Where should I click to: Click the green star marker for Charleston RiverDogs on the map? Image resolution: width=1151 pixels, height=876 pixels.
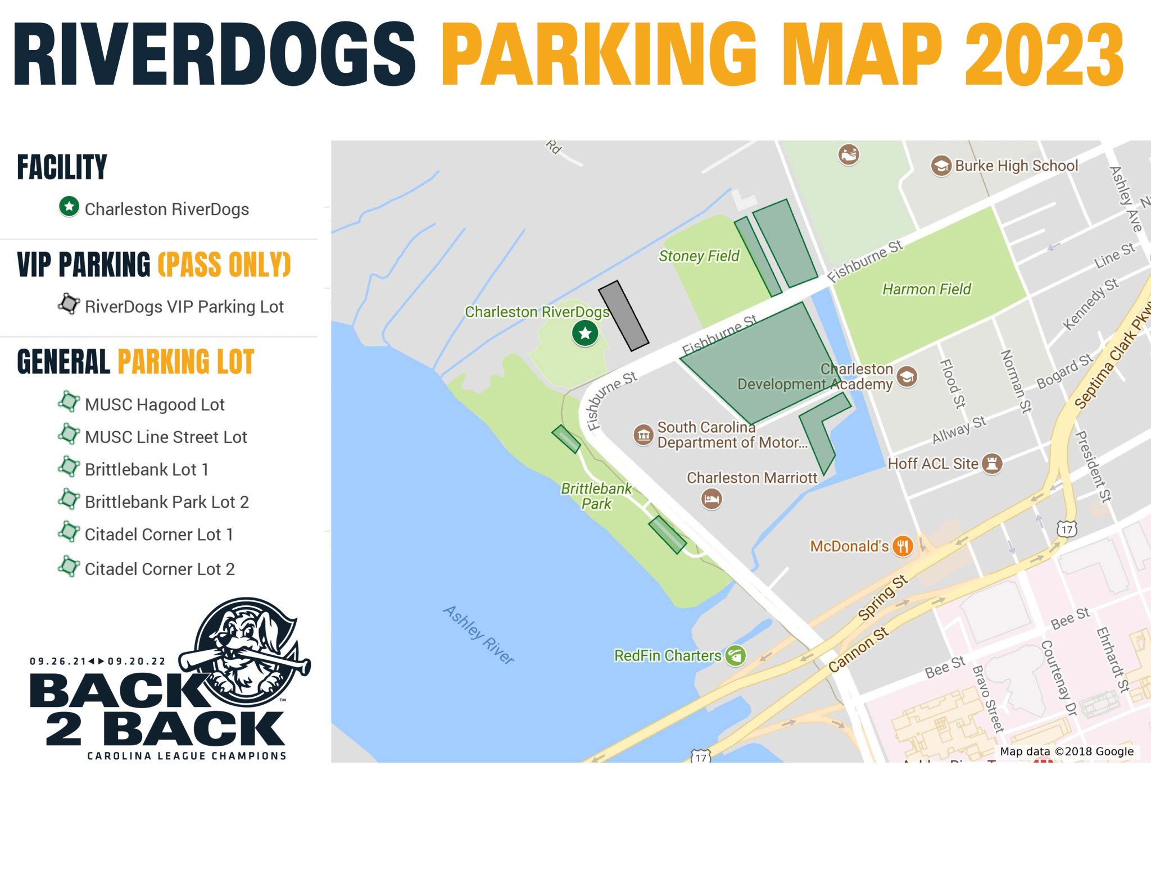[585, 334]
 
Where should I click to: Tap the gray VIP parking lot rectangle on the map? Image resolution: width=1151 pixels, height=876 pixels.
[623, 316]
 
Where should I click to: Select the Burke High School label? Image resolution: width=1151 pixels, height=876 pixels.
[1016, 166]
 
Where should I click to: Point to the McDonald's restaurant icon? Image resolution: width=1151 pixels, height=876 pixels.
[903, 545]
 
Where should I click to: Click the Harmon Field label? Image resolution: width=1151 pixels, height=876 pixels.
[926, 289]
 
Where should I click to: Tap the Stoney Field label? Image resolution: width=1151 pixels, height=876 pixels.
[699, 256]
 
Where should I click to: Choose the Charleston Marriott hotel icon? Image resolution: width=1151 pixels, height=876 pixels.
[712, 499]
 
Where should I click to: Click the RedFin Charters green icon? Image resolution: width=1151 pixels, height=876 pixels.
[735, 655]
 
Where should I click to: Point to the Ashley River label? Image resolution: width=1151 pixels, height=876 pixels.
[478, 635]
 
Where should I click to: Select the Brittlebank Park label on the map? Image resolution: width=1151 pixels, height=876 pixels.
[596, 496]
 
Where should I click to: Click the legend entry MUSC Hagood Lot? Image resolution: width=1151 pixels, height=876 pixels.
[155, 404]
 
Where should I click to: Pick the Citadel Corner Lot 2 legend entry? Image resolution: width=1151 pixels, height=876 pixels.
[160, 569]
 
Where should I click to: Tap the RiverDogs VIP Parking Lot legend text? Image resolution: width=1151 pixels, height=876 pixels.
[184, 307]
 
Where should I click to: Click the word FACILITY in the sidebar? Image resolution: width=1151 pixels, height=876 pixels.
[62, 167]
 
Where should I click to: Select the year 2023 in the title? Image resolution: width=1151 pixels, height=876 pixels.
[1044, 54]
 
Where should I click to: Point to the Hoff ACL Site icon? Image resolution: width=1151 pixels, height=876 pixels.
[993, 464]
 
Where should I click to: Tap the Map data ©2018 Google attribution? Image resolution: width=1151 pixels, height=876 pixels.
[1066, 751]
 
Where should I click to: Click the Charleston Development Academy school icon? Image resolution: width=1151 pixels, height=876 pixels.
[907, 376]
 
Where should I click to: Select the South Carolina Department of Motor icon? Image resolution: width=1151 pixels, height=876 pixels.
[644, 435]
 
